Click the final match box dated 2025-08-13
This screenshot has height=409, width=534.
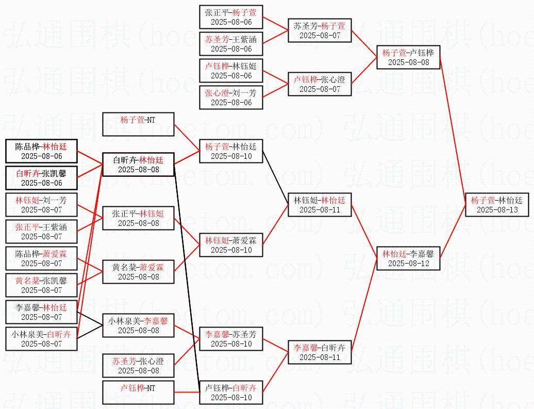click(x=496, y=205)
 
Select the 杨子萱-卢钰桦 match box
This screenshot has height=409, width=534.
click(x=408, y=57)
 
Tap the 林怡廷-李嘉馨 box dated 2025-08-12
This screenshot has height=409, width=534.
click(x=408, y=258)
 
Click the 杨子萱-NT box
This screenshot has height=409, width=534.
click(x=138, y=124)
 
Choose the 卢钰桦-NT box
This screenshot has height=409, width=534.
click(x=138, y=392)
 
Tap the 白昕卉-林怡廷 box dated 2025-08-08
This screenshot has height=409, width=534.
click(x=138, y=165)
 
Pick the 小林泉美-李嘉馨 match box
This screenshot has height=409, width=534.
click(x=138, y=325)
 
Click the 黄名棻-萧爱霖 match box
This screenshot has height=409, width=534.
click(x=138, y=272)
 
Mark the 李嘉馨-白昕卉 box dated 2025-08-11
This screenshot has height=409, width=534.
click(x=319, y=352)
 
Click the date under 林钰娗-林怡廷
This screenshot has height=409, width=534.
click(x=319, y=210)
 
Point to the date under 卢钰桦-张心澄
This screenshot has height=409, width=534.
click(x=319, y=89)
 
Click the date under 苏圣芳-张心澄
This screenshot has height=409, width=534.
click(x=138, y=371)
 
